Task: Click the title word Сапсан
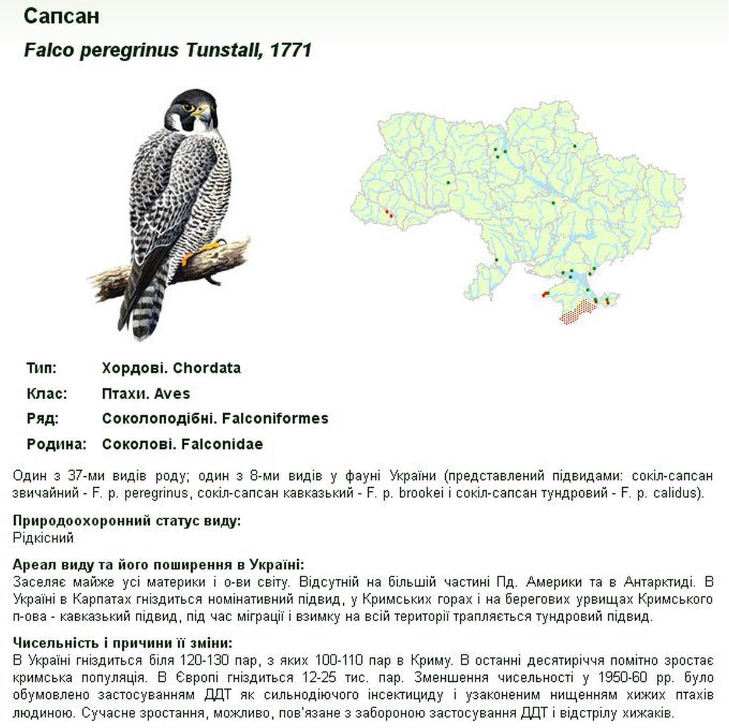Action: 61,16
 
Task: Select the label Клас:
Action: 47,394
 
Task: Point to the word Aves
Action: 172,394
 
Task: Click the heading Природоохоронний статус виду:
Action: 127,521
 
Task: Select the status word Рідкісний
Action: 43,538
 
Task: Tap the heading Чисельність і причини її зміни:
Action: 123,643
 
